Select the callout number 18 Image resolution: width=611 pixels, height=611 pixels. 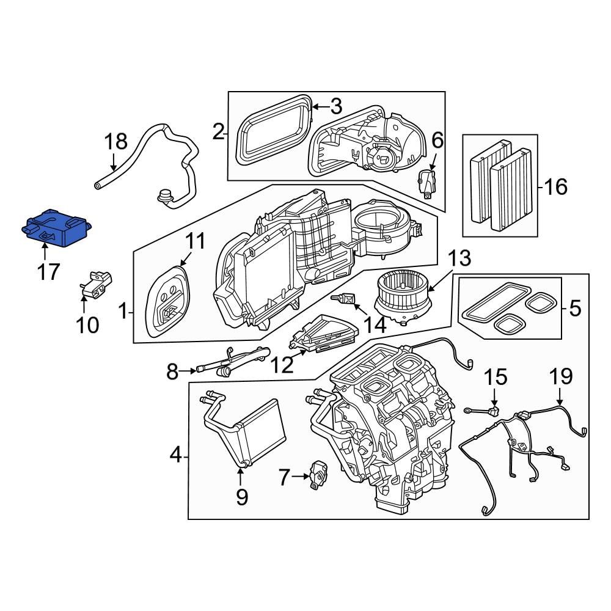point(115,142)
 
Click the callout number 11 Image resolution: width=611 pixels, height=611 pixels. point(196,242)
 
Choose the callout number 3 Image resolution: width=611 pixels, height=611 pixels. point(335,107)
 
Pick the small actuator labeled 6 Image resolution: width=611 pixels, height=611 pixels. point(428,181)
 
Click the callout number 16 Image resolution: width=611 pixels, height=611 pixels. point(555,186)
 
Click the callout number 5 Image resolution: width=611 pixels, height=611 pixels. point(575,309)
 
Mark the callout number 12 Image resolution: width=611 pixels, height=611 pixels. point(282,365)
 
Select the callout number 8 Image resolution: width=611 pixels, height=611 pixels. point(172,370)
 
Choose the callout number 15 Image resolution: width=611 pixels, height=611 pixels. point(496,377)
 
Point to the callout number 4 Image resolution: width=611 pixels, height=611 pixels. point(175,455)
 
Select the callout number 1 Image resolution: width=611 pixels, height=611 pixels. point(123,313)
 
